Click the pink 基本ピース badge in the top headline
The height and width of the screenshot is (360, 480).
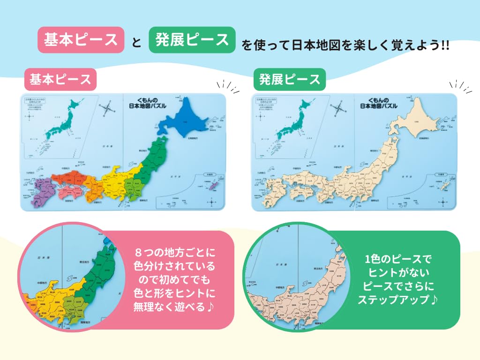81,40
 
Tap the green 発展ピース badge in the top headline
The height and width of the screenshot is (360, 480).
192,40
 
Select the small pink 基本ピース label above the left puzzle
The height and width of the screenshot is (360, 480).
60,80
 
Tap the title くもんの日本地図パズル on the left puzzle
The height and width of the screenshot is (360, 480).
148,103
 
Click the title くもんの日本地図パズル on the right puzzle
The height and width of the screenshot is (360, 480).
378,103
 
